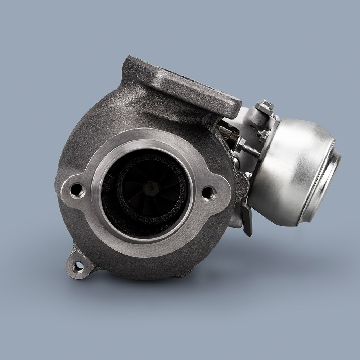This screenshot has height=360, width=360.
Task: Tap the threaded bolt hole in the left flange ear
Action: tap(77, 190)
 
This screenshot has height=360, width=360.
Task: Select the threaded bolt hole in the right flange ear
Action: tap(209, 193)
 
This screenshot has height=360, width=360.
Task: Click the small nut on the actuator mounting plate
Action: tap(264, 134)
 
